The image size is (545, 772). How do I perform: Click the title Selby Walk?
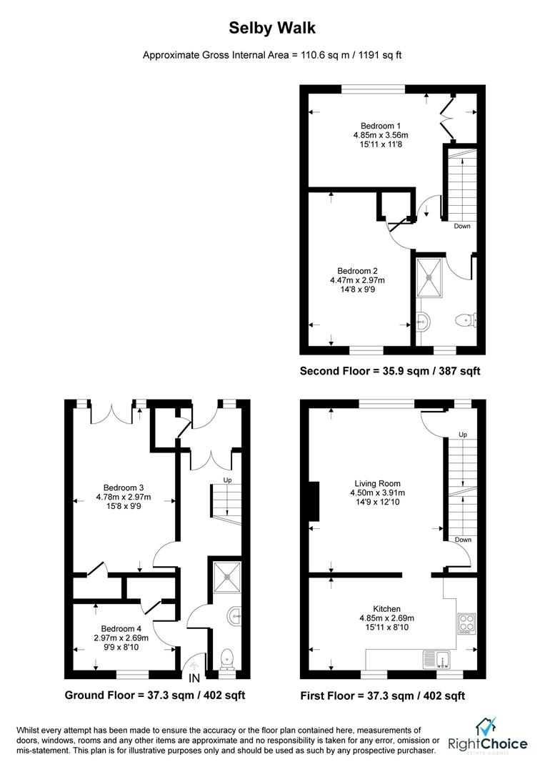(x=272, y=28)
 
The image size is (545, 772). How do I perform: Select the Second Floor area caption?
(x=390, y=371)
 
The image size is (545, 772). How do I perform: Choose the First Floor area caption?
(x=383, y=695)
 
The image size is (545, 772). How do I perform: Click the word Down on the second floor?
(x=462, y=227)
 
